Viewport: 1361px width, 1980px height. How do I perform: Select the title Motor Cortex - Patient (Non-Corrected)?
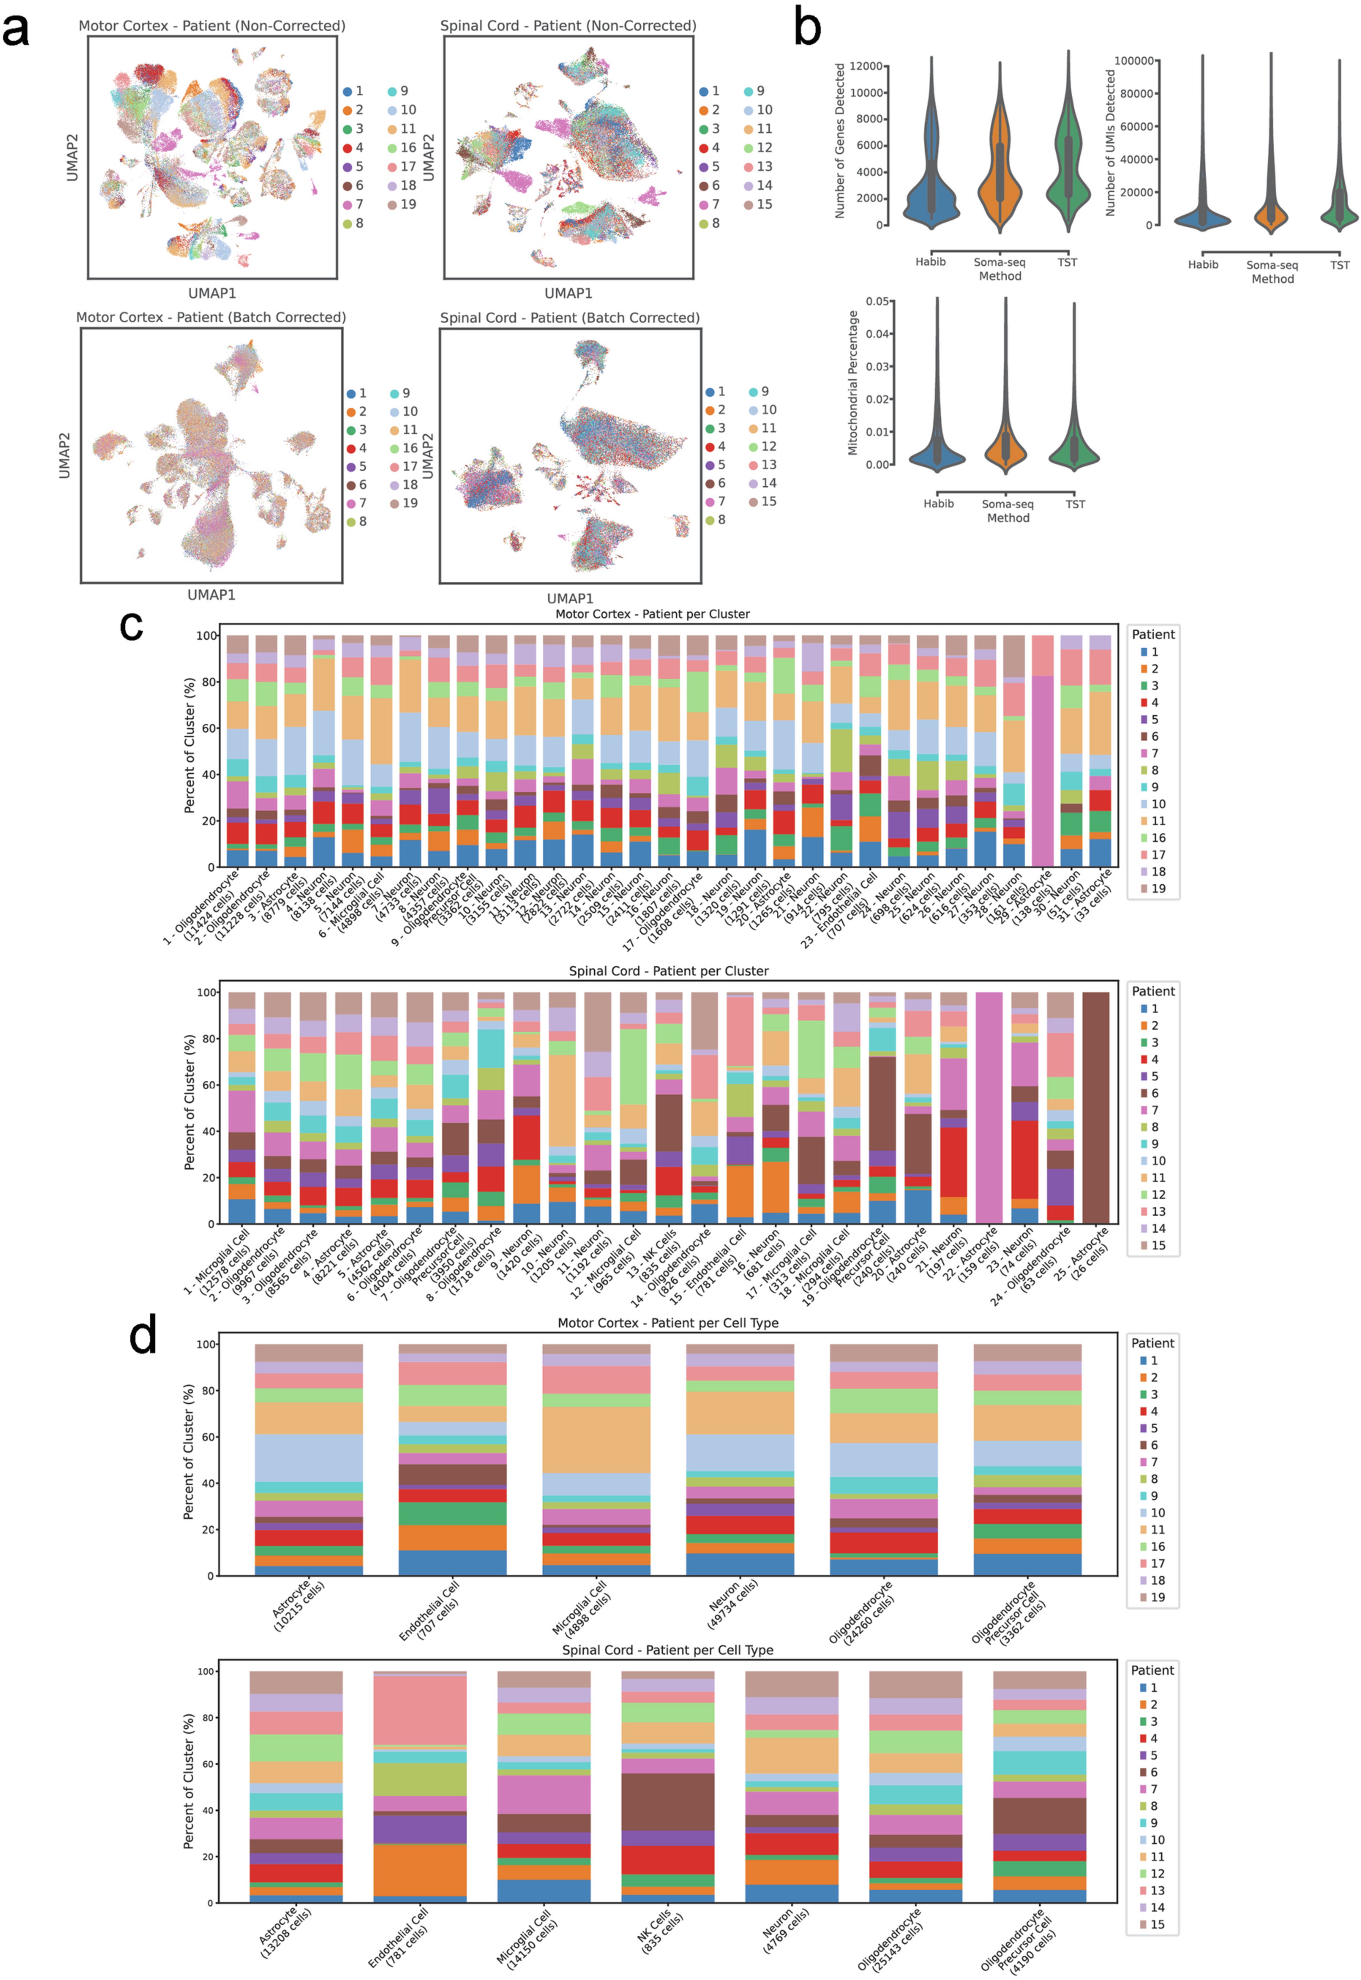pyautogui.click(x=211, y=26)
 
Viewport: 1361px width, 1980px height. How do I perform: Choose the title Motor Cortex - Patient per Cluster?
pyautogui.click(x=652, y=614)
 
